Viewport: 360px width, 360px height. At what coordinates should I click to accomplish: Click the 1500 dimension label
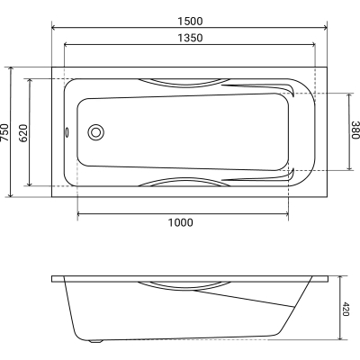point(190,22)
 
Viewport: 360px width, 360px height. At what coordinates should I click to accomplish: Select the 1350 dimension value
point(190,38)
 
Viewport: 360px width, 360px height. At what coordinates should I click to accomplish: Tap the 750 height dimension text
point(4,132)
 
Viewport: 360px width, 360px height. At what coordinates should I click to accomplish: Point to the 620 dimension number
point(22,133)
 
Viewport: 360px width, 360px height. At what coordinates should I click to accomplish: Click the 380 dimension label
point(355,130)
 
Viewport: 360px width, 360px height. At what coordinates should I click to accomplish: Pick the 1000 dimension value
point(180,222)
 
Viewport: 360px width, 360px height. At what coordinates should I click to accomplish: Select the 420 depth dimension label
point(346,310)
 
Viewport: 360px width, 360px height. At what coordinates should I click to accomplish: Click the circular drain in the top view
point(96,132)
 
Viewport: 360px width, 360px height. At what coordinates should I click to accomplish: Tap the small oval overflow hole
point(67,132)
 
